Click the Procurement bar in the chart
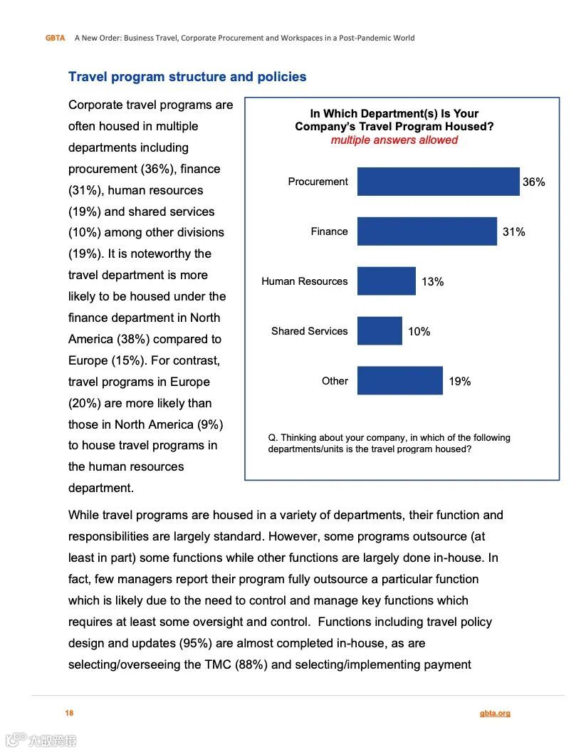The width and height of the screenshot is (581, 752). tap(438, 182)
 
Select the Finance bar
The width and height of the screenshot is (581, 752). tap(426, 231)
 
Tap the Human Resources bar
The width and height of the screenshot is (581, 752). tap(386, 281)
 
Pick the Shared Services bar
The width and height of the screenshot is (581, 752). tap(380, 331)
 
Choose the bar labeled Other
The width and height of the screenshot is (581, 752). tap(399, 381)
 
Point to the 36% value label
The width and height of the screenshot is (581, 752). tap(534, 182)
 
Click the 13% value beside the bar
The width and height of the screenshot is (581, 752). tap(432, 282)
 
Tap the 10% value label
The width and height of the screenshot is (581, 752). tap(419, 332)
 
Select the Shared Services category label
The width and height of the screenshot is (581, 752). tap(309, 331)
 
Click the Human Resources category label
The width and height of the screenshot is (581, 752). tap(304, 281)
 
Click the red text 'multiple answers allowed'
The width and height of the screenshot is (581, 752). tap(394, 140)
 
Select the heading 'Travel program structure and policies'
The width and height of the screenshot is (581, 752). tap(187, 77)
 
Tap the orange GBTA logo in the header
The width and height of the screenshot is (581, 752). tap(55, 38)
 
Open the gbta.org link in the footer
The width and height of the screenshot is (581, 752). tap(495, 713)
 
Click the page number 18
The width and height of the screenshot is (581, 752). tap(69, 713)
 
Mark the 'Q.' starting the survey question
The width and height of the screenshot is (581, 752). tap(273, 438)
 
